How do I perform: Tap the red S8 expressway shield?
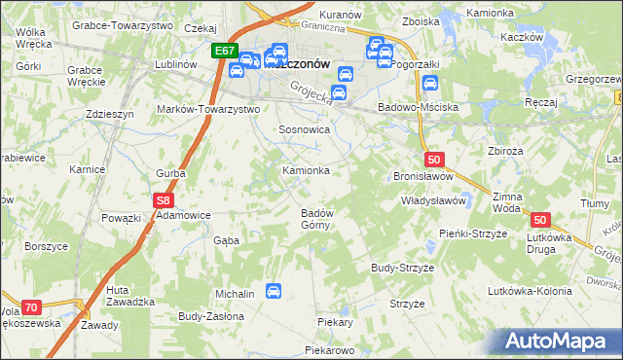(x=164, y=200)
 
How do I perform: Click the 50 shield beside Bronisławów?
(x=434, y=159)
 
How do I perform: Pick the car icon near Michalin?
(x=275, y=291)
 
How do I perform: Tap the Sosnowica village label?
(x=305, y=129)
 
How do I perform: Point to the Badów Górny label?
(x=317, y=219)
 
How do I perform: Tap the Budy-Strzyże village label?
(x=401, y=267)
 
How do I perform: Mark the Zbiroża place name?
(x=507, y=151)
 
